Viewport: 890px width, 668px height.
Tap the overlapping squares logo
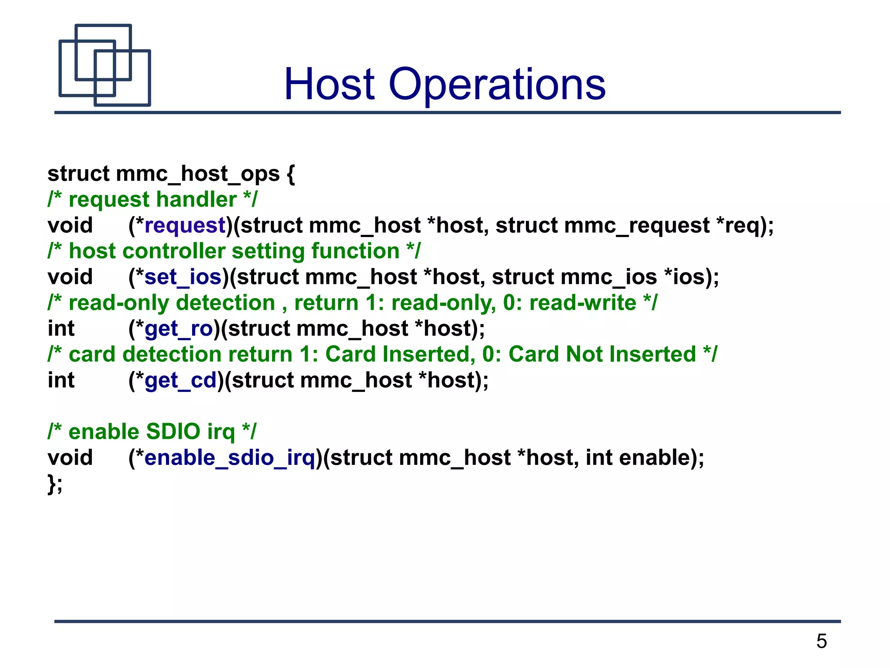[x=105, y=65]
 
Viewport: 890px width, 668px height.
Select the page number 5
[x=821, y=641]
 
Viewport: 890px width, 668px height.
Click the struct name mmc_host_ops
[x=198, y=174]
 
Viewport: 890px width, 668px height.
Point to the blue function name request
[x=185, y=225]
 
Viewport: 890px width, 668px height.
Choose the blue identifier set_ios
[x=183, y=277]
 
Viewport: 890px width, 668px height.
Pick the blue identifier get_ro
[x=179, y=329]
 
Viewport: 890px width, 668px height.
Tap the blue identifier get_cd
[x=180, y=381]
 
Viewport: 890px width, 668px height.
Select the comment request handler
[x=153, y=200]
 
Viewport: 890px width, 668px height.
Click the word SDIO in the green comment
[x=173, y=432]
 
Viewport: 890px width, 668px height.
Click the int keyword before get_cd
[x=61, y=381]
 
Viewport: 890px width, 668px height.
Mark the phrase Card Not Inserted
[x=602, y=354]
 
